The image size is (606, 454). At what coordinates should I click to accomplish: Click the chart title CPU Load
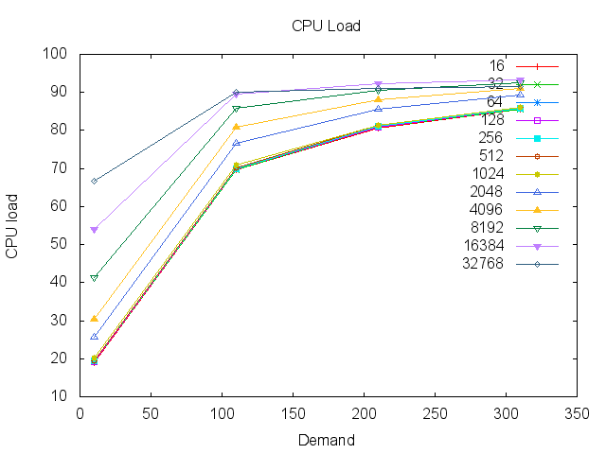click(x=326, y=26)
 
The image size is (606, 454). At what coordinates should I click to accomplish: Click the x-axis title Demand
click(x=326, y=440)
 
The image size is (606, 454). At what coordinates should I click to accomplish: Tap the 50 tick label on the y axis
click(x=59, y=244)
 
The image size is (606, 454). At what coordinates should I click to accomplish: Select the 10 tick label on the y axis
click(x=59, y=396)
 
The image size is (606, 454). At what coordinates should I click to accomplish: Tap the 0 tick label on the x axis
click(x=80, y=413)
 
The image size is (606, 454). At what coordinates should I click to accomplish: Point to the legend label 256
click(x=490, y=138)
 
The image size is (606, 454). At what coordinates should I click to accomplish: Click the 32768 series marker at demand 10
click(x=94, y=181)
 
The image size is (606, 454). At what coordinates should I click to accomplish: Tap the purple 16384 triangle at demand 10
click(x=94, y=230)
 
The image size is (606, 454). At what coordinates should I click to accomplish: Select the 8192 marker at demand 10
click(x=94, y=278)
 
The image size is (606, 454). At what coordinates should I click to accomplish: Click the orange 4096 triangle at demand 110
click(x=236, y=127)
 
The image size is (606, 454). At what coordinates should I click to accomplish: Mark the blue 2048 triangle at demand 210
click(x=378, y=109)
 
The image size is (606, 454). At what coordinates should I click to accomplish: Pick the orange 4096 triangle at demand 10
click(x=94, y=318)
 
